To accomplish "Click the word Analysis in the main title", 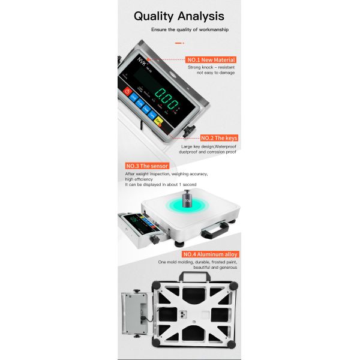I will pos(200,16).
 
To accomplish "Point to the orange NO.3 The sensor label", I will pos(146,166).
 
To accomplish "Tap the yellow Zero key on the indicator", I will pos(159,121).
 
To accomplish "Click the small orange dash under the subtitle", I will pos(178,43).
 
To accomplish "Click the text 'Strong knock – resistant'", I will pos(211,67).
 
